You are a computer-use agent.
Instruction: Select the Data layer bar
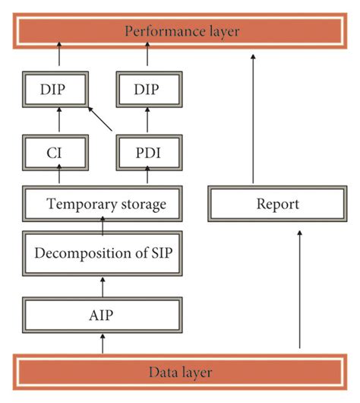179,372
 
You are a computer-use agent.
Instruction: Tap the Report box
277,205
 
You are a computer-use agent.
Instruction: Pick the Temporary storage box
103,205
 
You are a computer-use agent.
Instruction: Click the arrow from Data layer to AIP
103,344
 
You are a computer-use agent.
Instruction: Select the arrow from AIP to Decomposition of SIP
103,286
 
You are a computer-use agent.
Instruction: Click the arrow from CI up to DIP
58,123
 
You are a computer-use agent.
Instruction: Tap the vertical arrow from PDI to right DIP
147,123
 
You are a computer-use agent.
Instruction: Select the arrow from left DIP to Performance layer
58,59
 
